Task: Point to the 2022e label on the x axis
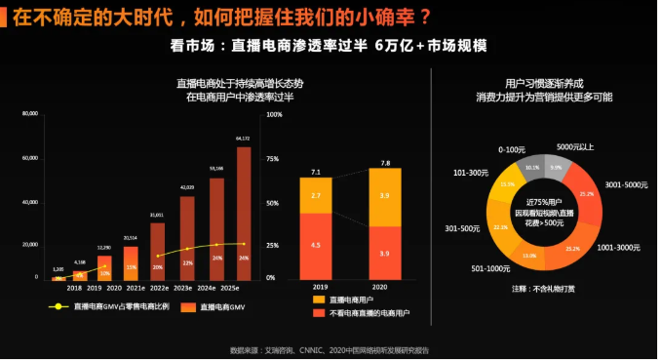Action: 159,289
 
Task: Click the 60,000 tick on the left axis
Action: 30,158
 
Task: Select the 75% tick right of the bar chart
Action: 274,159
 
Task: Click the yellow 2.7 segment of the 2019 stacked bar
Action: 316,195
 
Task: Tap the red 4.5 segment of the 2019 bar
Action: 316,245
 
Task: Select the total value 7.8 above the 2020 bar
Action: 385,163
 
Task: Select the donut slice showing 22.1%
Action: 501,226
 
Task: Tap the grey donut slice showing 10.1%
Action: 531,167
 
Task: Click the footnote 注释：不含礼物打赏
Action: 543,290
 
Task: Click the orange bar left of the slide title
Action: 4,17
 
